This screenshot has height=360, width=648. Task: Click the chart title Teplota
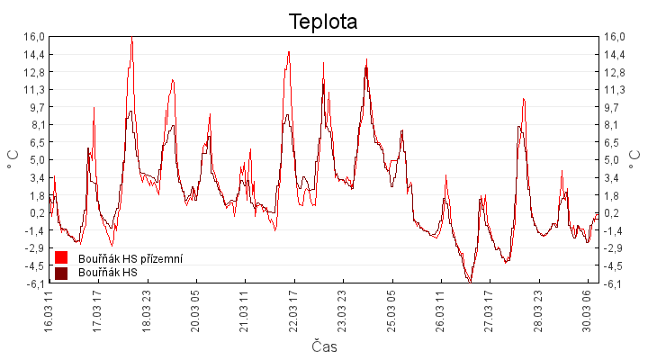(323, 22)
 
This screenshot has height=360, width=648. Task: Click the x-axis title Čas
(324, 346)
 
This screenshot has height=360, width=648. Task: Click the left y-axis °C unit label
(13, 160)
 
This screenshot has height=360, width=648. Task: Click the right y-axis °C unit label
(634, 160)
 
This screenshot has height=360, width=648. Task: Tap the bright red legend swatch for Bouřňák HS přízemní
(61, 258)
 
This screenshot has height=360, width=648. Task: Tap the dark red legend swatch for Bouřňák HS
(61, 273)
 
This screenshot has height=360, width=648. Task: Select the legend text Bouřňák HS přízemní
(130, 259)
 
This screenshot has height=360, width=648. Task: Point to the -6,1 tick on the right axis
(615, 283)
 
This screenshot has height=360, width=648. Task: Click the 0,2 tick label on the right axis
(613, 213)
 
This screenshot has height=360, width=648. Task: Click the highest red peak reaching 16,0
(131, 39)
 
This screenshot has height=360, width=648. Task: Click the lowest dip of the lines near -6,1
(469, 281)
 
